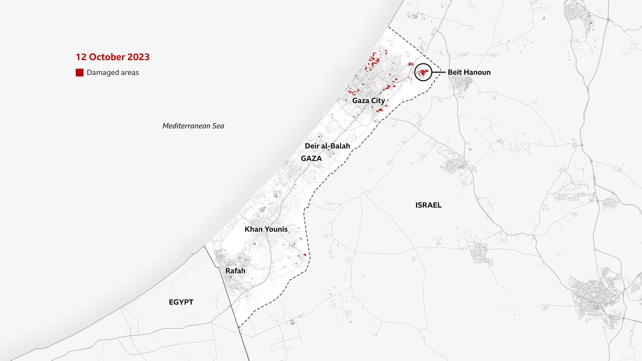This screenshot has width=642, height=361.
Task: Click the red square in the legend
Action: point(79,72)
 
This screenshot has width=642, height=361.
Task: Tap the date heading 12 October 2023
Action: point(113,57)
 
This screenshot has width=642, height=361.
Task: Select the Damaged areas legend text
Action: point(113,72)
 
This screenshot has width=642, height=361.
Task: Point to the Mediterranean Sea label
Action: point(193,126)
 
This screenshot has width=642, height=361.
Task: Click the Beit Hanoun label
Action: point(469,72)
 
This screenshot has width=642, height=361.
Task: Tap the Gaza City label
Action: point(368,101)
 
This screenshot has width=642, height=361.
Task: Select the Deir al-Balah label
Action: point(327,146)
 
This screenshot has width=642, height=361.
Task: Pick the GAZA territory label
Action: point(311,158)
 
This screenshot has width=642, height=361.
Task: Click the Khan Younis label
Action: point(266,229)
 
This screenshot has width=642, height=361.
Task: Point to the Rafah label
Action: point(235,271)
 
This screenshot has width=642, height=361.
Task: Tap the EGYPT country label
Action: point(181,302)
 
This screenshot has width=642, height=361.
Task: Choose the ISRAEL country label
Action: point(428,205)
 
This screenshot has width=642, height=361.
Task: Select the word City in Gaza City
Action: point(378,101)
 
